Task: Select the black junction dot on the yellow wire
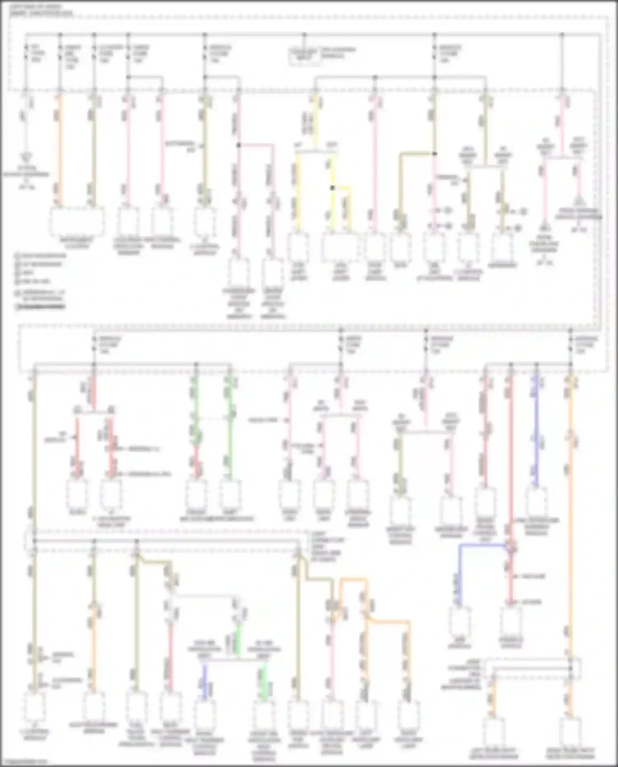point(332,188)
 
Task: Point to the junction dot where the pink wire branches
point(239,145)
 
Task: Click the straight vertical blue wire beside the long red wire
point(536,429)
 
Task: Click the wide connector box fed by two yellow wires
point(340,247)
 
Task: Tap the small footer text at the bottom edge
point(25,762)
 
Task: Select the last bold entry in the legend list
point(40,307)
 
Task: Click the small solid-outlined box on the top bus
point(304,56)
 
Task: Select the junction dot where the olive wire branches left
point(434,154)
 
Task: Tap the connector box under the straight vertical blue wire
point(536,501)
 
